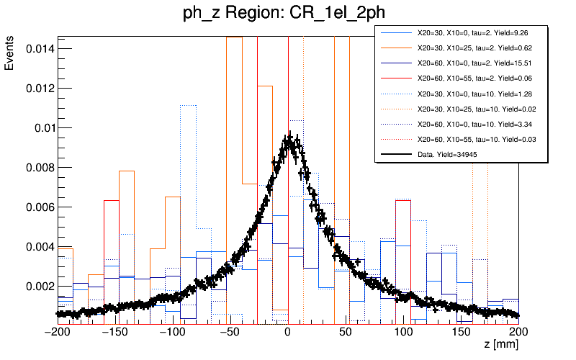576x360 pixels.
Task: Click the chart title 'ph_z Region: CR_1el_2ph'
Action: pos(288,15)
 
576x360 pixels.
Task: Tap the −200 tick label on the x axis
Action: pos(58,332)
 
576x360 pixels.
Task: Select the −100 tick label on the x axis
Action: pos(172,332)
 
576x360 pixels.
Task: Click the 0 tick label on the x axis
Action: pos(288,332)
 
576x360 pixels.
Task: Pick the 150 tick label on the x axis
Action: pos(461,332)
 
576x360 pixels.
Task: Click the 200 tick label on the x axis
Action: pos(518,332)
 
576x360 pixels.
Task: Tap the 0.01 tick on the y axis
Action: pos(42,127)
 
